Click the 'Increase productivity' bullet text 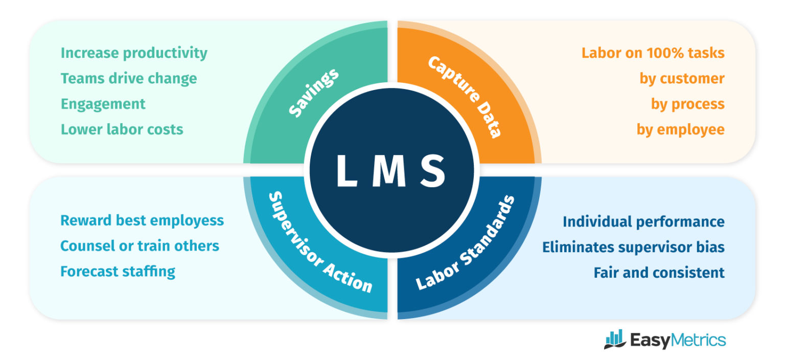click(x=134, y=53)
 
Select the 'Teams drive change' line click(x=129, y=79)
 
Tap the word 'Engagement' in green click(x=103, y=104)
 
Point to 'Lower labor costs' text click(x=122, y=129)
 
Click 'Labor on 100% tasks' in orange click(x=653, y=53)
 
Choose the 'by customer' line click(x=682, y=79)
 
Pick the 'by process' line click(x=687, y=104)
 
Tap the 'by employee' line click(x=680, y=129)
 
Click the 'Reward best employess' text click(x=142, y=220)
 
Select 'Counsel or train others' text click(x=140, y=246)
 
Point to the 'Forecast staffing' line click(x=118, y=271)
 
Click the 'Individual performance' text click(x=643, y=222)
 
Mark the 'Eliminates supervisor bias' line click(x=633, y=247)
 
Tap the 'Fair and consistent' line click(x=659, y=273)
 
